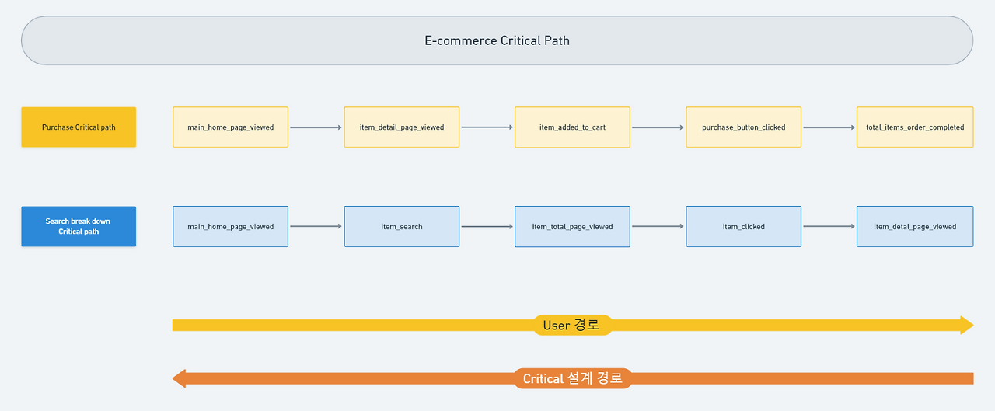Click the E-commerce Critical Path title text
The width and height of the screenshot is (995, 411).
click(x=497, y=40)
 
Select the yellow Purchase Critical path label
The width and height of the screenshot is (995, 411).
click(x=79, y=127)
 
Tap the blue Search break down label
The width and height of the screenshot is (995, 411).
click(x=79, y=226)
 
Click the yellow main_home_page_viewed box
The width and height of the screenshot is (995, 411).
click(x=230, y=127)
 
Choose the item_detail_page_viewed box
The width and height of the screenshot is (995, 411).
click(x=401, y=127)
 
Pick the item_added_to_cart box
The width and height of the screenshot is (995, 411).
click(x=572, y=127)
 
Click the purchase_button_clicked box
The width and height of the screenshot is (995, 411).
click(x=743, y=127)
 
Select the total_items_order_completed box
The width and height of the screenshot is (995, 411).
click(x=914, y=127)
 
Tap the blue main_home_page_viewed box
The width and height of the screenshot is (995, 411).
click(x=230, y=226)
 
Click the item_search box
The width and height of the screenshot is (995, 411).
click(x=401, y=226)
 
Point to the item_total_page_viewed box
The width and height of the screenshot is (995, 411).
click(x=572, y=226)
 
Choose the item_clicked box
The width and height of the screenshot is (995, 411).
click(x=743, y=226)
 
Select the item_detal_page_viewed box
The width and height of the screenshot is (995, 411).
click(x=914, y=226)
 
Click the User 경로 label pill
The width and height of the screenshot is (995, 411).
click(x=572, y=325)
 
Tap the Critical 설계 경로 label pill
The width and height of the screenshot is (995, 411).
click(x=572, y=378)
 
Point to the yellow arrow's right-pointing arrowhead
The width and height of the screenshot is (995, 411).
click(x=966, y=325)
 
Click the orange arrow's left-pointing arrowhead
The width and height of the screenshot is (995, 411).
click(x=179, y=378)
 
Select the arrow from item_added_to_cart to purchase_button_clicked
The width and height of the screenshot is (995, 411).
click(x=658, y=127)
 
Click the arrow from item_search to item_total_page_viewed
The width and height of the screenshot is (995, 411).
click(x=487, y=227)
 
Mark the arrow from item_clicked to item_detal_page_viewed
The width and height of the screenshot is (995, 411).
click(x=829, y=227)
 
